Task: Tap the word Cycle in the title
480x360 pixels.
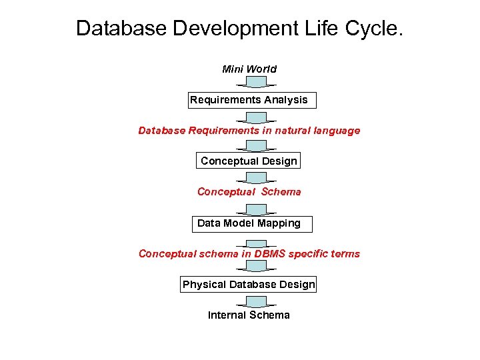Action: (x=374, y=29)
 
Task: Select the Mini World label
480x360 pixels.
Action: (x=249, y=69)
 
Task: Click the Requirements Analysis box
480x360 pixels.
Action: (x=249, y=100)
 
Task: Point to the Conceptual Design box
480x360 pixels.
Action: (x=249, y=161)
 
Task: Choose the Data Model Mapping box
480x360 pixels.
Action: (x=249, y=223)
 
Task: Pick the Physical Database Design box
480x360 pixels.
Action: (x=249, y=285)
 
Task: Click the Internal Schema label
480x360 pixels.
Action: (x=249, y=315)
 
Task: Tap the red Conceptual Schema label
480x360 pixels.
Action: (x=249, y=192)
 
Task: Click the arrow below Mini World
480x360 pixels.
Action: (x=256, y=83)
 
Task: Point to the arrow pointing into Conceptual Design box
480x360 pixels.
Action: (x=256, y=146)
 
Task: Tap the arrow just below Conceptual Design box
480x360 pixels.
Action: (x=256, y=177)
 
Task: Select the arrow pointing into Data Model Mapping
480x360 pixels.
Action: (x=256, y=209)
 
